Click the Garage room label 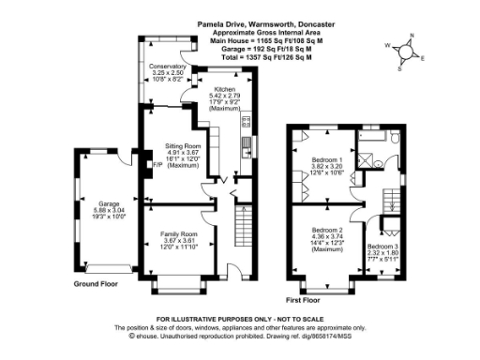coord(104,202)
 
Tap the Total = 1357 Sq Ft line coord(267,51)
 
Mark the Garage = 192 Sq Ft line coord(267,43)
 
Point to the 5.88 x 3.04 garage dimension coord(104,209)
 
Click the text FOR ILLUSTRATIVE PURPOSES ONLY coord(239,320)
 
